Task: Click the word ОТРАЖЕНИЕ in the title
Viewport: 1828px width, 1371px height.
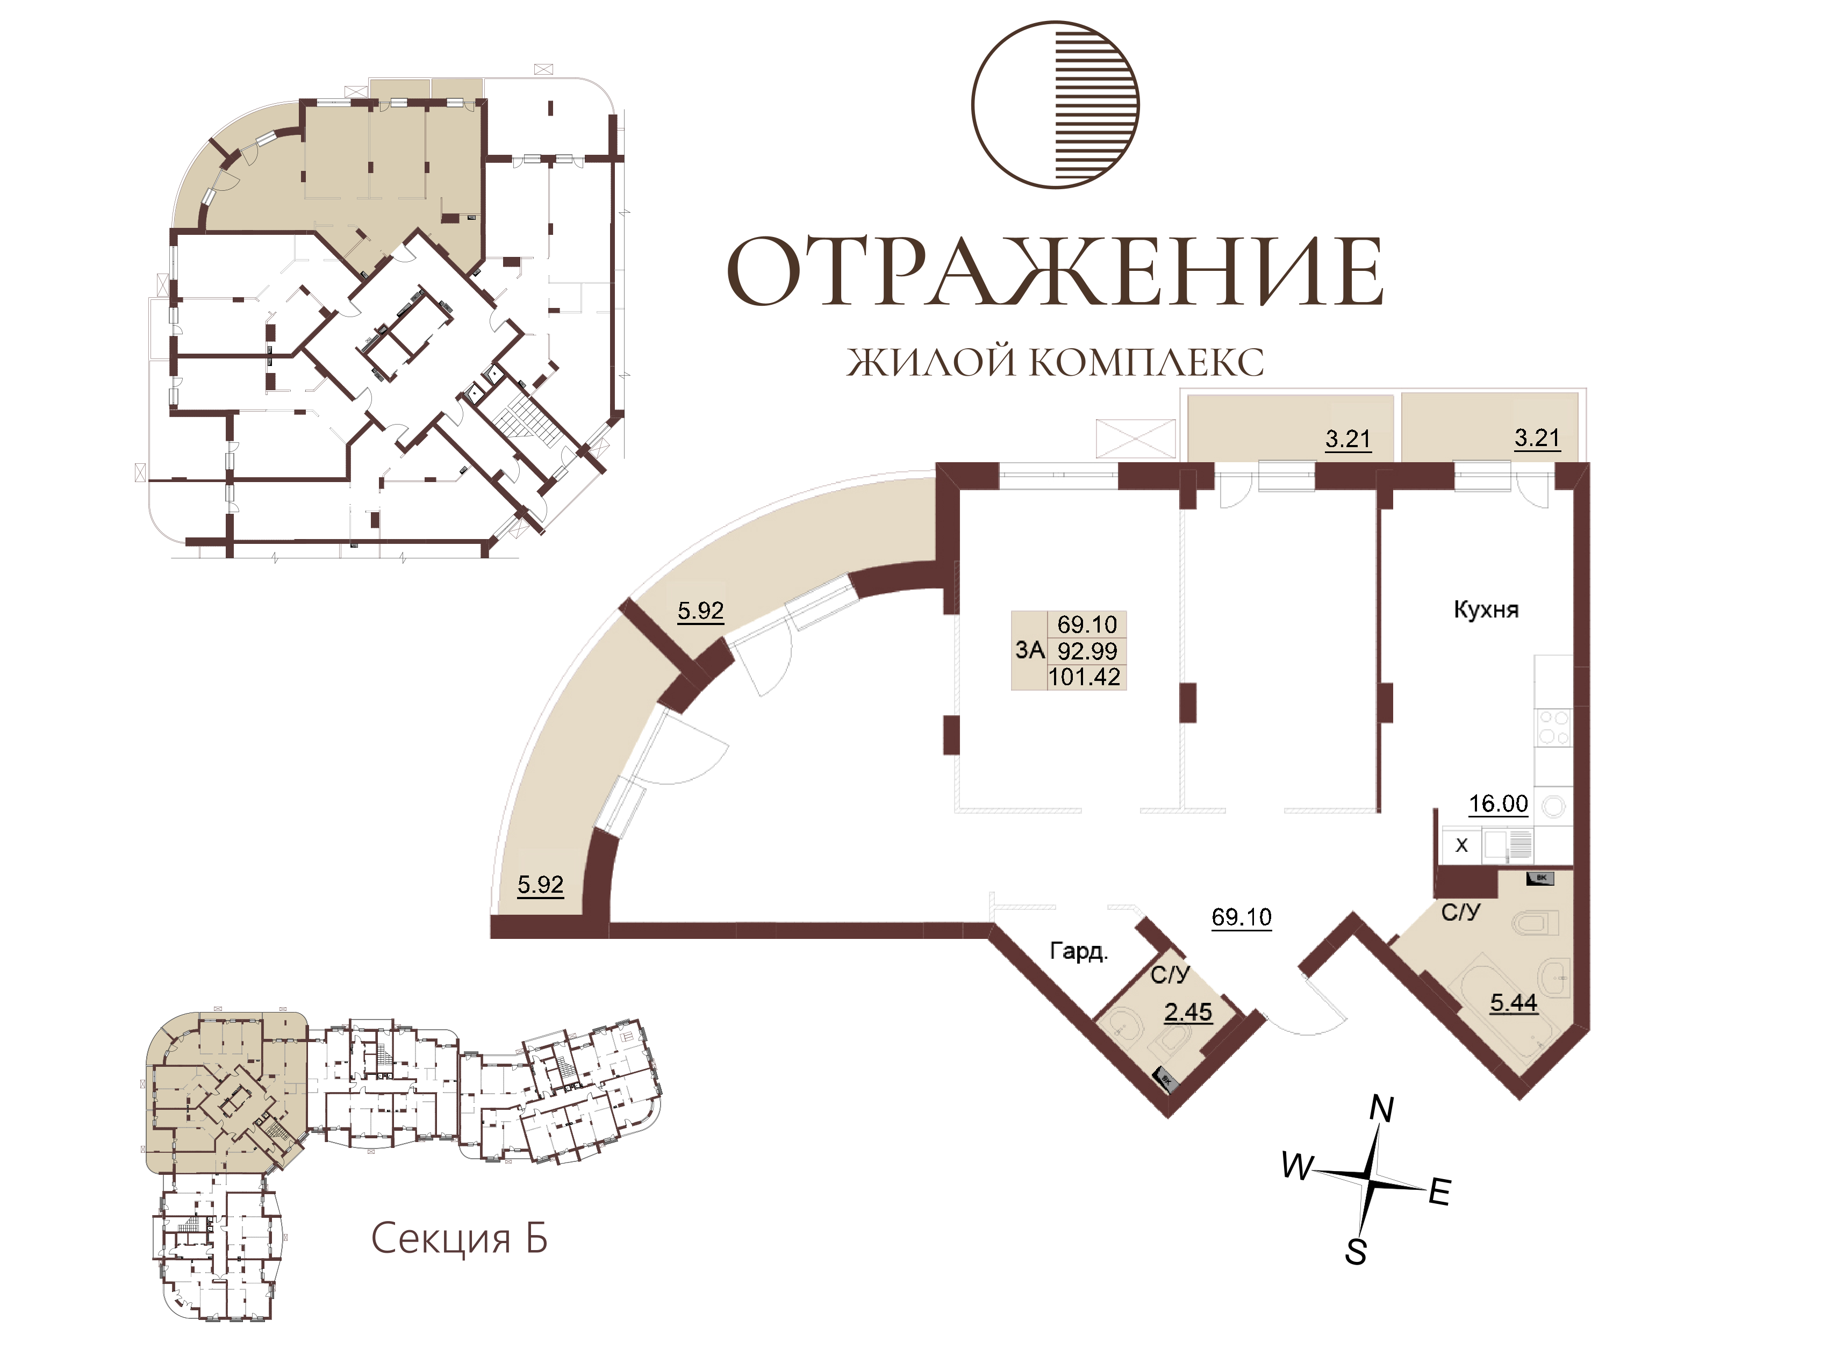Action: click(x=1055, y=271)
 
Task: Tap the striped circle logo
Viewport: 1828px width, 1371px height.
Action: click(x=1055, y=105)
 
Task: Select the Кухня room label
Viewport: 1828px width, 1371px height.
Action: click(x=1486, y=611)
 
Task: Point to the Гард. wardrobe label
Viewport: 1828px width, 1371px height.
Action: click(x=1078, y=951)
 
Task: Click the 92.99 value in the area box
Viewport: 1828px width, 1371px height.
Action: click(x=1087, y=651)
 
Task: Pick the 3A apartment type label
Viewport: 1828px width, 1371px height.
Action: click(x=1030, y=650)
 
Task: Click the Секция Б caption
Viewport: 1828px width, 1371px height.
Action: click(x=458, y=1238)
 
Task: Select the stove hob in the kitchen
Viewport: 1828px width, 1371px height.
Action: click(x=1553, y=727)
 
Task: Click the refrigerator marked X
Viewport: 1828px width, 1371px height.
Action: click(x=1461, y=845)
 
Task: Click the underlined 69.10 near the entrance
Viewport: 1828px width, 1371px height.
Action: click(x=1241, y=917)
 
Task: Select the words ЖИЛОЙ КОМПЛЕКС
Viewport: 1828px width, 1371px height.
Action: click(x=1055, y=362)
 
